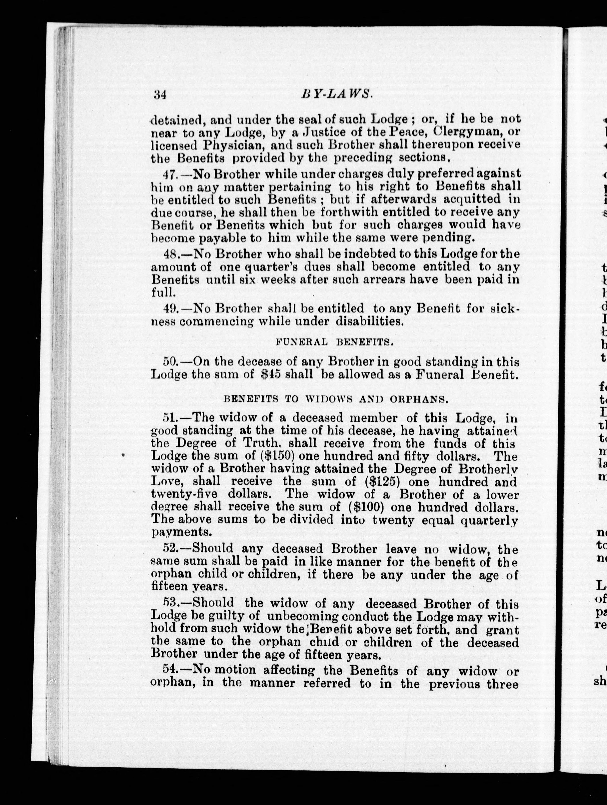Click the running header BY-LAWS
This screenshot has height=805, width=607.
click(x=337, y=94)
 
